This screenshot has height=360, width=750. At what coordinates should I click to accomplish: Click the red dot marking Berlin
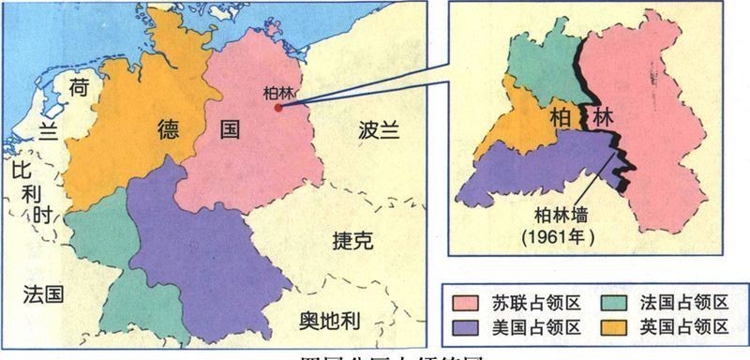click(x=277, y=108)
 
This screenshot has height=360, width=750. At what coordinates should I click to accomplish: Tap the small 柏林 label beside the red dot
click(x=274, y=94)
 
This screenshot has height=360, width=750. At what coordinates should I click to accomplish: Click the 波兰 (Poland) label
click(x=377, y=130)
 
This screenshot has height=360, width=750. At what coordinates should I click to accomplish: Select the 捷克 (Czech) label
click(x=353, y=241)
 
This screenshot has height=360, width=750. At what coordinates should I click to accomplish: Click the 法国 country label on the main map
click(x=44, y=295)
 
